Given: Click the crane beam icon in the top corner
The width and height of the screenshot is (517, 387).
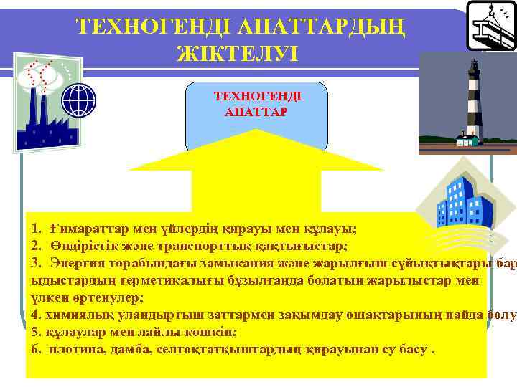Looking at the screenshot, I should click(x=492, y=24).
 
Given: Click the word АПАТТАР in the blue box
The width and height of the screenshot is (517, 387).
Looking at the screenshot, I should click(x=256, y=113).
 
